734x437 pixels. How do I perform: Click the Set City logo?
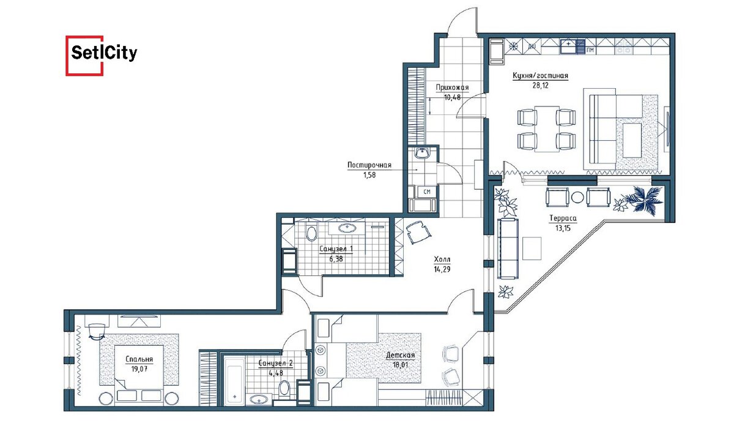(x=102, y=56)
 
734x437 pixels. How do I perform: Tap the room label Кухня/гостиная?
(x=540, y=76)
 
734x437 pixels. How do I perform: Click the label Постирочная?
(x=369, y=165)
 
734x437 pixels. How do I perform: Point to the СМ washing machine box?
(x=427, y=192)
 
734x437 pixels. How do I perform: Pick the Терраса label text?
(x=563, y=218)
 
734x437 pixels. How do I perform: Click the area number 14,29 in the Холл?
(x=442, y=269)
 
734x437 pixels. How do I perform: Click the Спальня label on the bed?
(x=139, y=359)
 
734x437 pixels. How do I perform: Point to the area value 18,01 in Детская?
(x=401, y=365)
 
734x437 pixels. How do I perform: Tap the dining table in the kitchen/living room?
(x=547, y=129)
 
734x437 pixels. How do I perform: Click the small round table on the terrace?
(x=577, y=197)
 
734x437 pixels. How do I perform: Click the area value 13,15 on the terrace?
(x=563, y=228)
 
